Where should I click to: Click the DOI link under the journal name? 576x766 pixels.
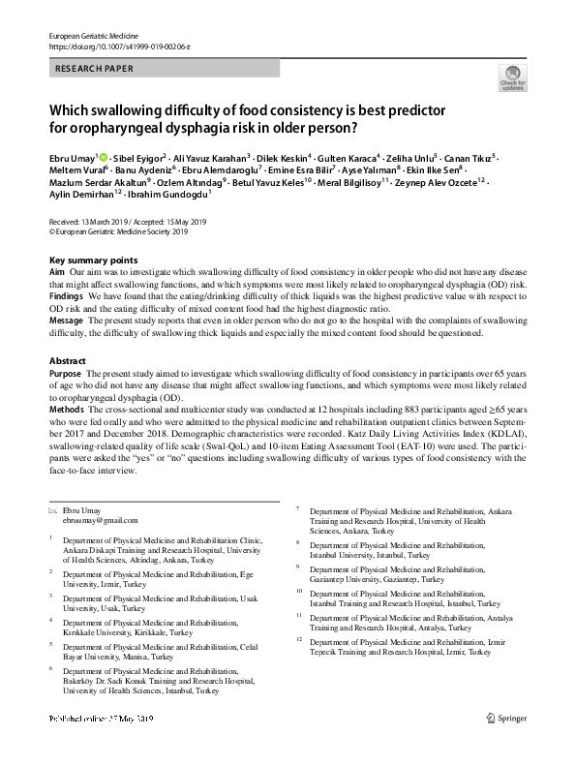click(119, 46)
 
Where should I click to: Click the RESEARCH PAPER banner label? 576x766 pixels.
click(96, 69)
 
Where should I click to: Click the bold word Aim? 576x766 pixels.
click(56, 274)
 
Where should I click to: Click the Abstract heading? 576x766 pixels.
click(68, 360)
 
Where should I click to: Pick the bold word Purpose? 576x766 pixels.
click(65, 373)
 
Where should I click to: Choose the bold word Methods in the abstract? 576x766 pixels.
click(66, 410)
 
